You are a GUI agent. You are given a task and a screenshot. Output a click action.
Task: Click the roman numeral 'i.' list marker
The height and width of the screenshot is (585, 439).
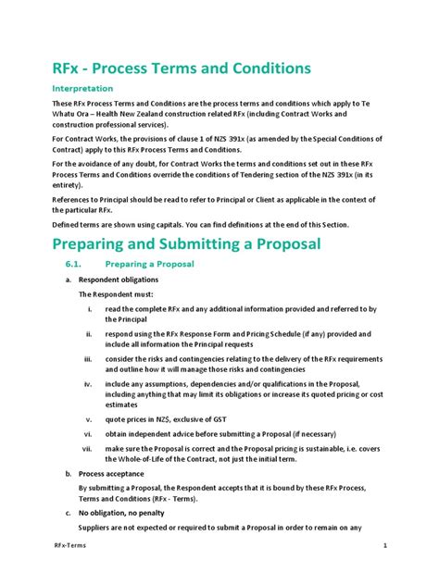point(89,308)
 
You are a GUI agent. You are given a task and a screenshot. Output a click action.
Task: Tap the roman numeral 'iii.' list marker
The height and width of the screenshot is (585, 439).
point(87,358)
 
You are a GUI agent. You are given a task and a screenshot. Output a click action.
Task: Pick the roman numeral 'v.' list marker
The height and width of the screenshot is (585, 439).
point(88,417)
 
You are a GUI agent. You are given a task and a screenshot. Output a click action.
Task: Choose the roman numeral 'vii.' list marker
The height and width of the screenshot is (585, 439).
point(87,447)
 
